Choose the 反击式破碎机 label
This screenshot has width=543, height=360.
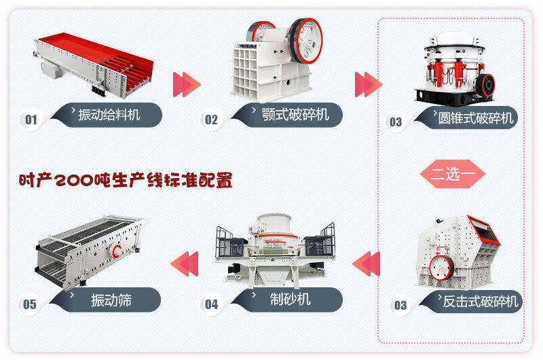tap(479, 301)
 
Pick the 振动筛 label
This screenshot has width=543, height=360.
tap(111, 300)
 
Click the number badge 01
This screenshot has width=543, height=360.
tap(31, 120)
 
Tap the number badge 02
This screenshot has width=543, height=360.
tap(211, 120)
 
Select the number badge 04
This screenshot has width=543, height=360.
tap(211, 304)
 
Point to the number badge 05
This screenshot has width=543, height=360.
tap(30, 304)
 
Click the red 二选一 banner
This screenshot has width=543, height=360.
tap(452, 173)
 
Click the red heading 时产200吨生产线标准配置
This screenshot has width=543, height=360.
tap(126, 181)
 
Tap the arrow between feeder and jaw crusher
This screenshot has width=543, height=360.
tap(187, 84)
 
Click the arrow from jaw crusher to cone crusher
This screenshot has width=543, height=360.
tap(369, 84)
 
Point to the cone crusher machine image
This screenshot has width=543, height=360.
tap(453, 68)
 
